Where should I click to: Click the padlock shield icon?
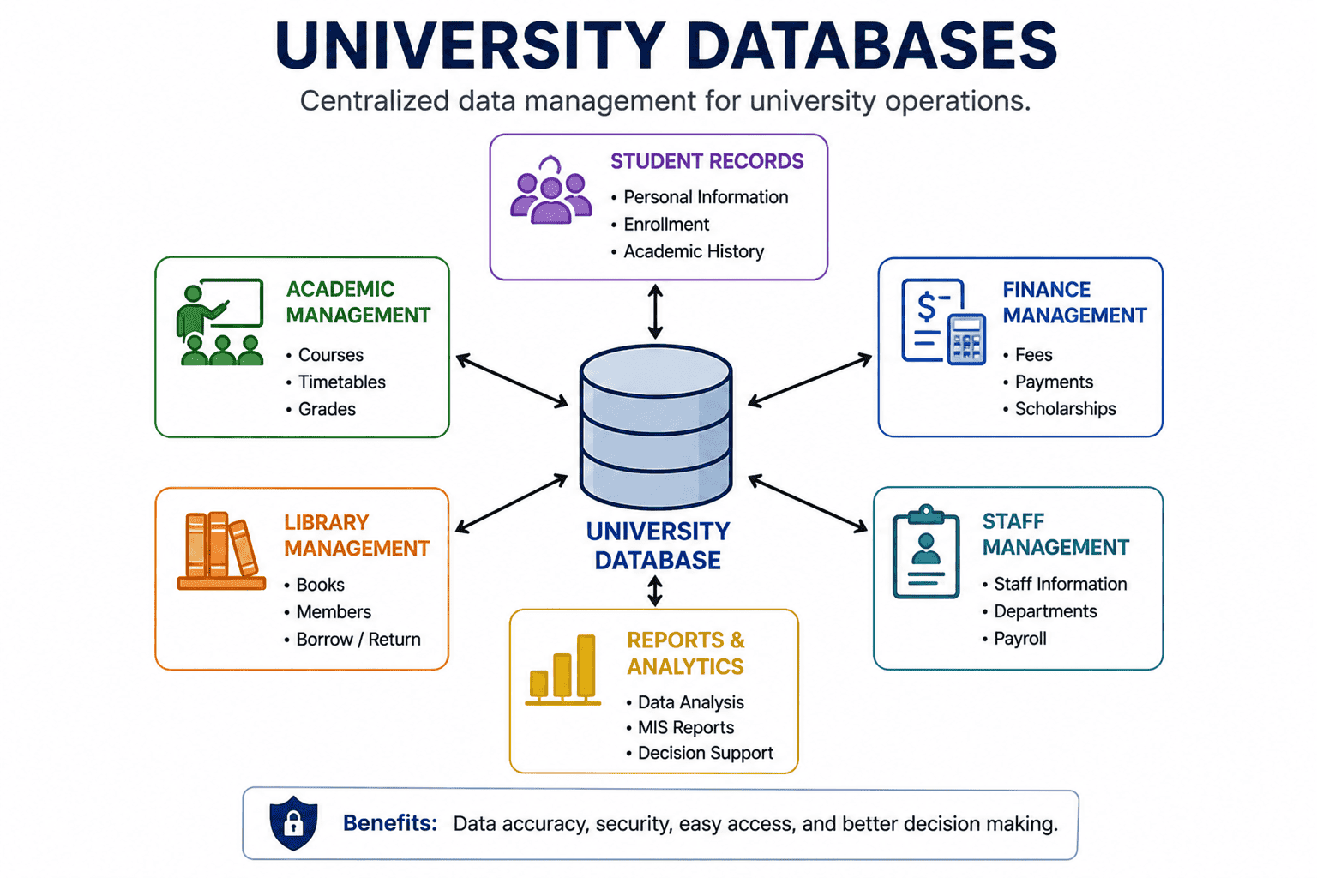[x=293, y=823]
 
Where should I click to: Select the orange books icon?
[x=222, y=550]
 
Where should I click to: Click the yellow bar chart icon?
[x=563, y=670]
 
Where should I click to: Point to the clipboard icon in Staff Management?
[x=926, y=551]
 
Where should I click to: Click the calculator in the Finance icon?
[x=966, y=339]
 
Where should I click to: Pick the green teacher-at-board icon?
[x=219, y=322]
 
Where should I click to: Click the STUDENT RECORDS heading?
[x=707, y=161]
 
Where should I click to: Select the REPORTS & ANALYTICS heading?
[x=686, y=653]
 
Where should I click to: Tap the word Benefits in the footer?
[x=390, y=823]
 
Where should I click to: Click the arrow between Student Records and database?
[x=656, y=312]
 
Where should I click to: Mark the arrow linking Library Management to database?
[x=512, y=504]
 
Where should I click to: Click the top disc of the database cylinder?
[x=656, y=371]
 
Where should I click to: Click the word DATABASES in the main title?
[x=873, y=45]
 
